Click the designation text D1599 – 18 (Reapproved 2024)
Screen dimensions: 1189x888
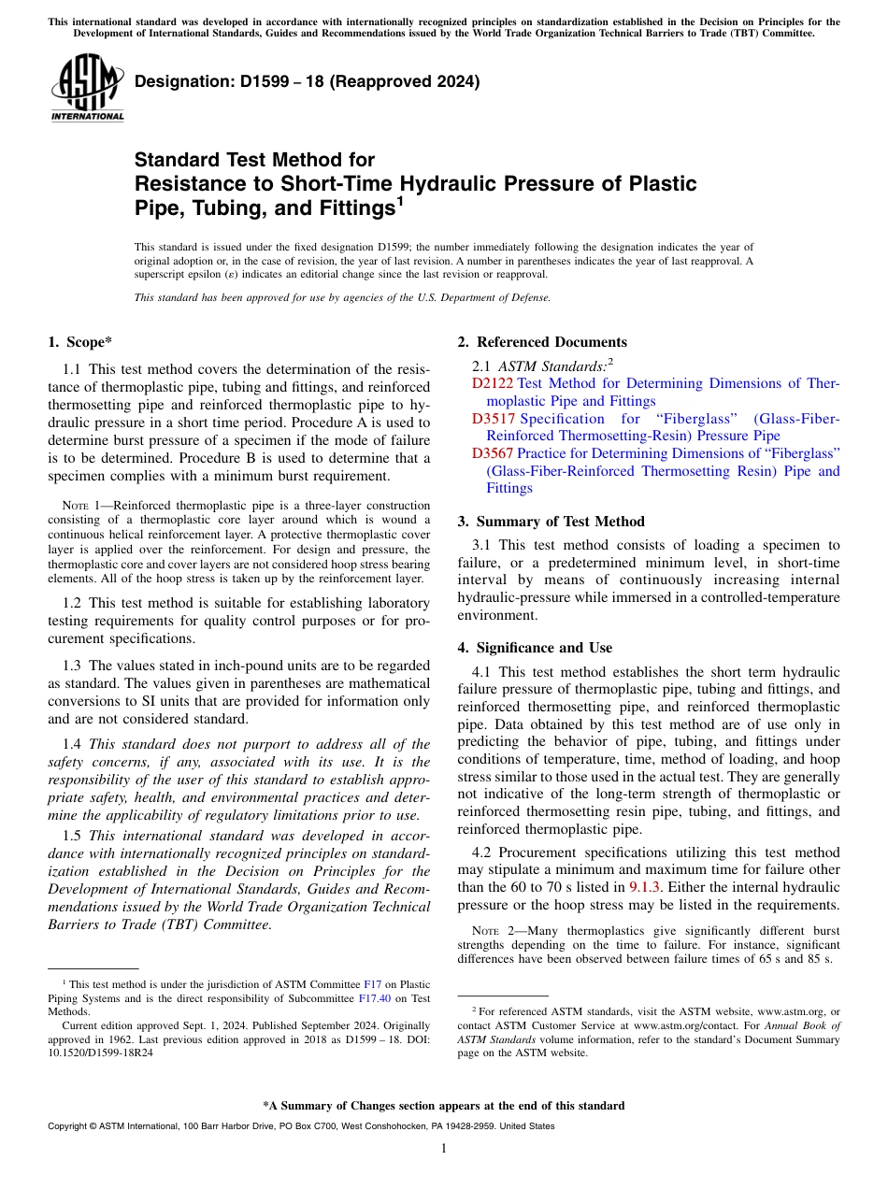click(308, 81)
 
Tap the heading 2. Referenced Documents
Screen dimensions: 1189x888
click(542, 342)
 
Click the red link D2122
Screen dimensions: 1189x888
click(492, 383)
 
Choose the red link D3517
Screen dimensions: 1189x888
click(492, 418)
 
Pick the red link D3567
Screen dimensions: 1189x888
click(492, 453)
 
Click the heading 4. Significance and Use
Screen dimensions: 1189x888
click(535, 648)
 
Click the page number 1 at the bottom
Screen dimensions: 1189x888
click(444, 1148)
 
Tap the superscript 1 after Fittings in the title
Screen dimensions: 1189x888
click(399, 198)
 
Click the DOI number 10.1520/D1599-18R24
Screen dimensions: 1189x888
click(100, 1052)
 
